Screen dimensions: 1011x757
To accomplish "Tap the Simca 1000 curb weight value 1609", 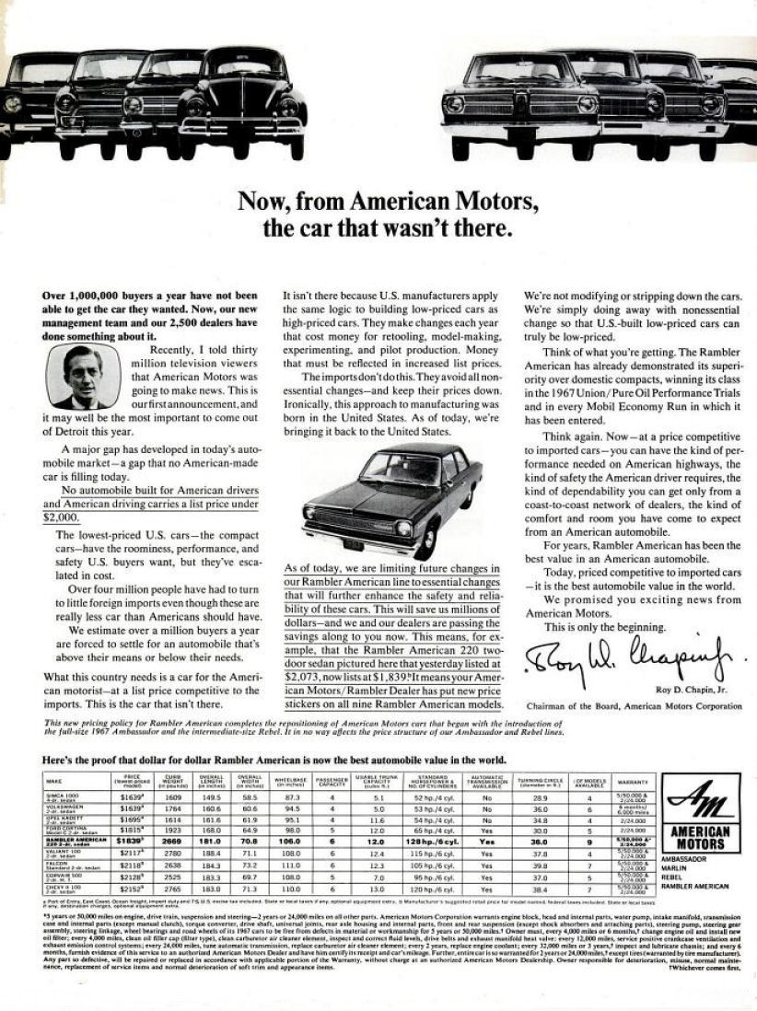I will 173,797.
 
